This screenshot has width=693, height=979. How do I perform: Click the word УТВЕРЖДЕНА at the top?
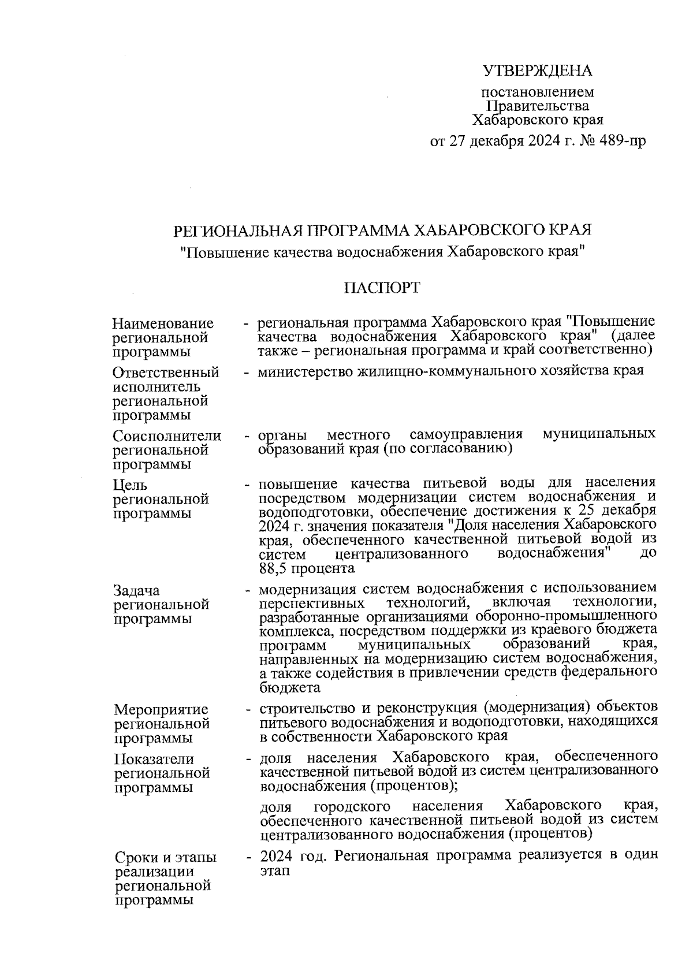pyautogui.click(x=538, y=71)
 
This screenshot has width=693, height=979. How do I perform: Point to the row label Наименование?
pyautogui.click(x=163, y=323)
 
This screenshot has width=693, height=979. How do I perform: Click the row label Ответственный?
pyautogui.click(x=166, y=373)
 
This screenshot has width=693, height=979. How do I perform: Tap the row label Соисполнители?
pyautogui.click(x=167, y=436)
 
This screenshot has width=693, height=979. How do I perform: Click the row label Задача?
pyautogui.click(x=137, y=591)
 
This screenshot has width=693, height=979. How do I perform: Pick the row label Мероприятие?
pyautogui.click(x=161, y=709)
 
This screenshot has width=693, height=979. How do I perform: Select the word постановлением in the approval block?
pyautogui.click(x=537, y=92)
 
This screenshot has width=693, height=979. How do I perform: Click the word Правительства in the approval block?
pyautogui.click(x=538, y=106)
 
